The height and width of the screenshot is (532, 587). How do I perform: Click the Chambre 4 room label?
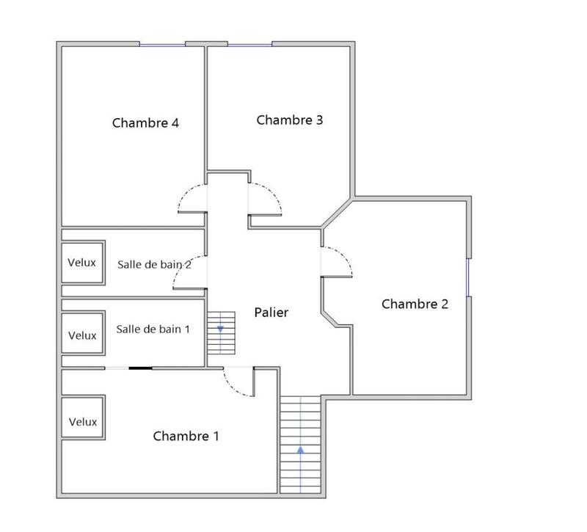(145, 123)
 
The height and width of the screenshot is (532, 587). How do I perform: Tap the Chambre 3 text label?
(290, 120)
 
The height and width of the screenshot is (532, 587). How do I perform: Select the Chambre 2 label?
(415, 304)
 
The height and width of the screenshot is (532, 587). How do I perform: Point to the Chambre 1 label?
(186, 436)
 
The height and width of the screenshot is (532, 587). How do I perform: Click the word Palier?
(271, 313)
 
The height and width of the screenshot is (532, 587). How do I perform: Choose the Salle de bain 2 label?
(154, 264)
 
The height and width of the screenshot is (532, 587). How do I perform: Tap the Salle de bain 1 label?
(153, 329)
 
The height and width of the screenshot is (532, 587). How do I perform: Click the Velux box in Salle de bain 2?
(82, 262)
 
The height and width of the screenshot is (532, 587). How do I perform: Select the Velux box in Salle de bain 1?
(82, 335)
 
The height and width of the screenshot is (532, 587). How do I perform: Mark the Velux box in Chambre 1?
(82, 422)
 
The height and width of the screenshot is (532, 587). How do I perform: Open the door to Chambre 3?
(269, 197)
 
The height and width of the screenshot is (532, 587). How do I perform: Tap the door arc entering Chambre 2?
(340, 260)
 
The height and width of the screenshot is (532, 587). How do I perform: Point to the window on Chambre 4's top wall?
(162, 45)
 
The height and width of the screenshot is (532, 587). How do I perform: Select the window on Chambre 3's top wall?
(249, 45)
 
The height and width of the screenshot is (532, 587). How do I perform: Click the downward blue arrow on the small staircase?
(220, 329)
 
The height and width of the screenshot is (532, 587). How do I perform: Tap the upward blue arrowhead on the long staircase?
(301, 449)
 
